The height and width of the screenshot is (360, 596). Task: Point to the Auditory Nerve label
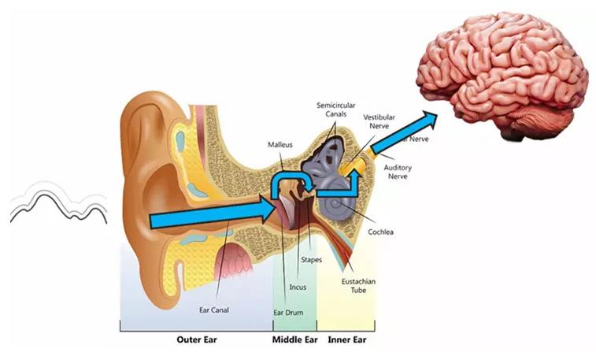coord(398,172)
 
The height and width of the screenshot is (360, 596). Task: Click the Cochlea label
coord(383,232)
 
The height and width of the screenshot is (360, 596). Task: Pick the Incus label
coord(298,287)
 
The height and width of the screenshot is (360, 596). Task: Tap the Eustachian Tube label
coord(358,285)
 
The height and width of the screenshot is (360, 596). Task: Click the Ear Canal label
coord(213,310)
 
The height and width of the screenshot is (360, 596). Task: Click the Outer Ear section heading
coord(196,340)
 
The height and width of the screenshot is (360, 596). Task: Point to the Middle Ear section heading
coord(294,340)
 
